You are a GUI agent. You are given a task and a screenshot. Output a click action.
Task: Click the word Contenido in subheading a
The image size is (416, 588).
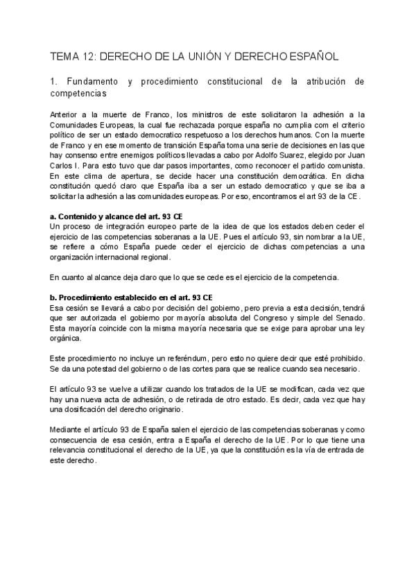coord(83,216)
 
